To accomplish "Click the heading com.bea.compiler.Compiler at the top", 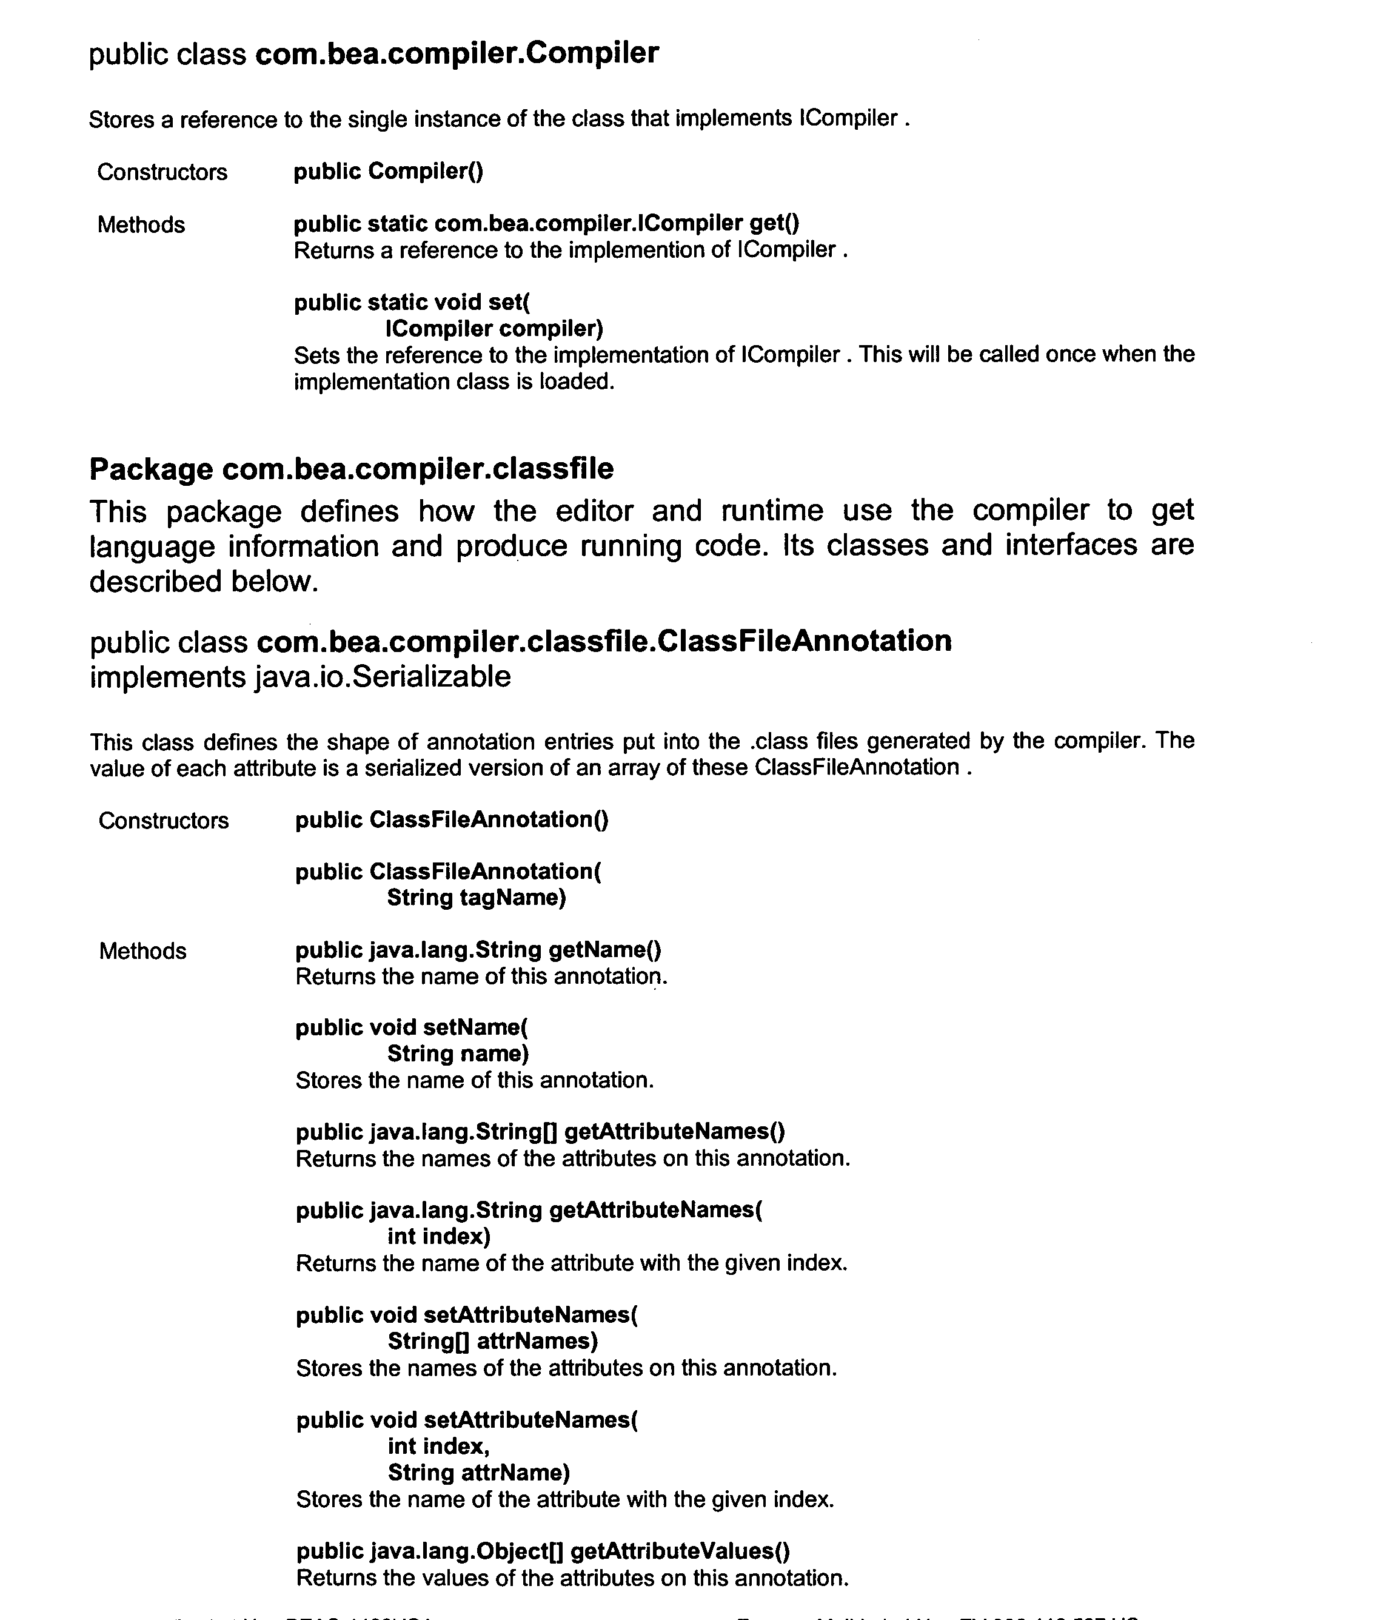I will pyautogui.click(x=457, y=53).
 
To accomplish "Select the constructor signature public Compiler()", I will pyautogui.click(x=389, y=171).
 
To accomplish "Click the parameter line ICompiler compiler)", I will pyautogui.click(x=494, y=328).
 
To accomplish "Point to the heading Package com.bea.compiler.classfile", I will pyautogui.click(x=351, y=469).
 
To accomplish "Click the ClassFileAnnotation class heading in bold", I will pyautogui.click(x=603, y=641).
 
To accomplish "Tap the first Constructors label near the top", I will pyautogui.click(x=162, y=172).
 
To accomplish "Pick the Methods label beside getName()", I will pyautogui.click(x=143, y=951).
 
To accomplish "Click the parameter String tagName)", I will pyautogui.click(x=476, y=898).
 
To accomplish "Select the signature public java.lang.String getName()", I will pyautogui.click(x=478, y=950).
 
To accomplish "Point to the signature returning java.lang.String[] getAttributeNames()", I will pyautogui.click(x=540, y=1131).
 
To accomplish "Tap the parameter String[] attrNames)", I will pyautogui.click(x=492, y=1341).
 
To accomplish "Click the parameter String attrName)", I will pyautogui.click(x=478, y=1473).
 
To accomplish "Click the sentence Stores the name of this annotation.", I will pyautogui.click(x=475, y=1081).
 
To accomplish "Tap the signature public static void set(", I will pyautogui.click(x=412, y=303).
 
